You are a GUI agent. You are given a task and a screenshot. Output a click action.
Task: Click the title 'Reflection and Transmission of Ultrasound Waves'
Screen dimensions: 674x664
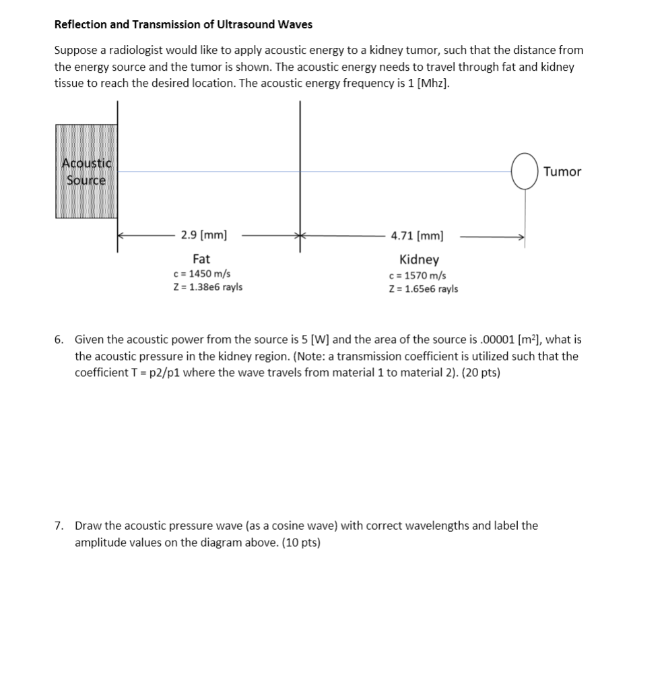pos(183,25)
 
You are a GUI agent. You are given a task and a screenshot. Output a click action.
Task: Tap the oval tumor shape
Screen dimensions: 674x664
pos(524,171)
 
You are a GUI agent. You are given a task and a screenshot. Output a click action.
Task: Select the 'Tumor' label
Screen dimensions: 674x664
pos(562,172)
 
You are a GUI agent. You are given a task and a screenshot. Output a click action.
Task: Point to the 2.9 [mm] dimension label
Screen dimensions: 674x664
pos(203,235)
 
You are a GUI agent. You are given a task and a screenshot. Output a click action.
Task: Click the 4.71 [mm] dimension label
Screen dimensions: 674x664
pos(417,236)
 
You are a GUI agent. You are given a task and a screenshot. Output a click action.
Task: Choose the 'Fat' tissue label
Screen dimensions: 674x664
pos(201,259)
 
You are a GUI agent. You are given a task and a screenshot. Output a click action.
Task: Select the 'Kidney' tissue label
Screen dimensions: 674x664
pos(419,259)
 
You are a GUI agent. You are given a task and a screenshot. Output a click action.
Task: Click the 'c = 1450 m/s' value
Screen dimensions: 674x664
pos(202,274)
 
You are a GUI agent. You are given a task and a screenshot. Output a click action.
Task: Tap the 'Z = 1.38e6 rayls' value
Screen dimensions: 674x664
pos(207,287)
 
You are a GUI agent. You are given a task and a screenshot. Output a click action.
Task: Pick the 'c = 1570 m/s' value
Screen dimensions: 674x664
pos(417,276)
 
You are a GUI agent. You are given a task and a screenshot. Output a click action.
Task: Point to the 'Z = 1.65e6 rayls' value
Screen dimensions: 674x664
pos(423,289)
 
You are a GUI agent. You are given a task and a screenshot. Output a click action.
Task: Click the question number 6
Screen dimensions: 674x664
pos(59,340)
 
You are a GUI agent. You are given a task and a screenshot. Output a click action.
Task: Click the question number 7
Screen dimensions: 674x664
pos(59,526)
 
